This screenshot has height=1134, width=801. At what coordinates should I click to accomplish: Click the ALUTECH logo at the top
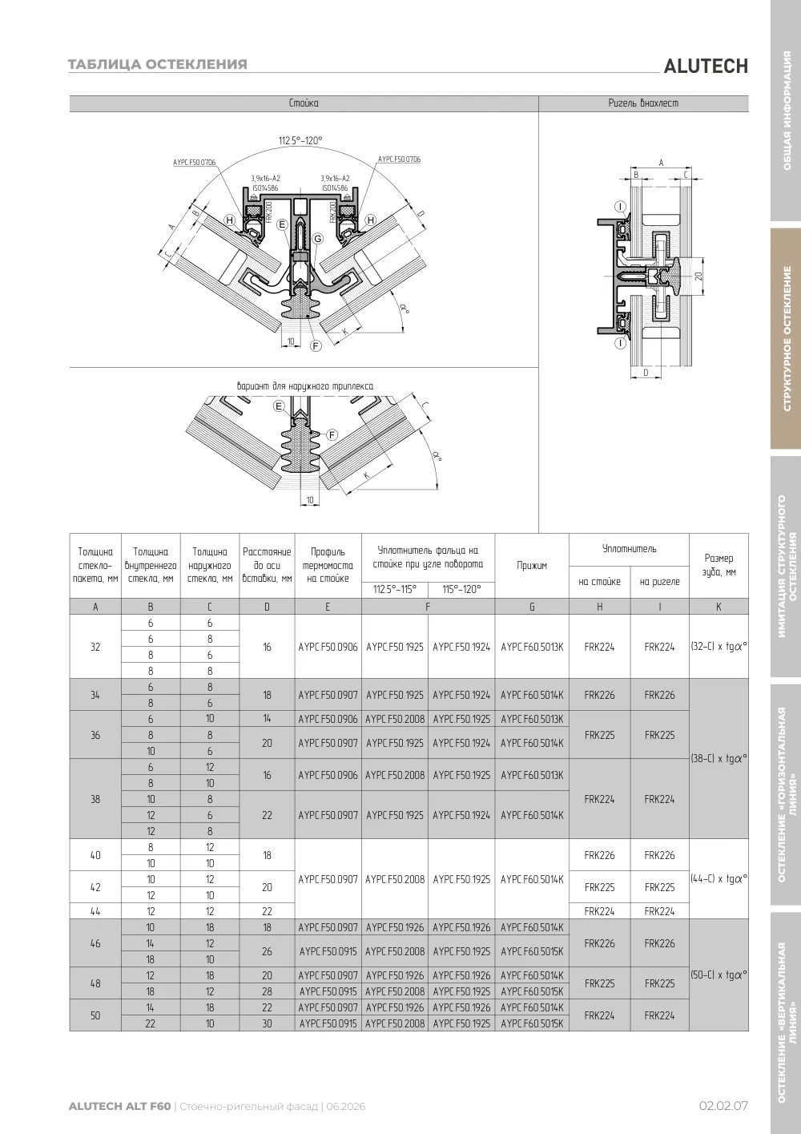[706, 67]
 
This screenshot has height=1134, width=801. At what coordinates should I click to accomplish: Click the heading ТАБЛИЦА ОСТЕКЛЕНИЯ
[157, 64]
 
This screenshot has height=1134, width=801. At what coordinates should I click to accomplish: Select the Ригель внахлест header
[643, 103]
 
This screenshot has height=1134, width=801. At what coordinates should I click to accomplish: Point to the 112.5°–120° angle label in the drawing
[300, 140]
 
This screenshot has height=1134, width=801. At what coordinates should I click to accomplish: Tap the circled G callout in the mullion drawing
[318, 239]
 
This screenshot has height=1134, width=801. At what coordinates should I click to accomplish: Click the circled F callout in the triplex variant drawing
[332, 435]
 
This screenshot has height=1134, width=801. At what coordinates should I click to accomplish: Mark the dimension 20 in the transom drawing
[698, 276]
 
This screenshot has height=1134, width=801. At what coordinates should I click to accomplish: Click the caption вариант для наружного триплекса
[305, 386]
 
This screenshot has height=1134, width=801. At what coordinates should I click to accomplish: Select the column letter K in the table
[718, 607]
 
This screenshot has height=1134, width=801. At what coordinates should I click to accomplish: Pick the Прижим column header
[532, 566]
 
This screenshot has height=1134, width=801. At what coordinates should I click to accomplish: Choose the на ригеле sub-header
[660, 582]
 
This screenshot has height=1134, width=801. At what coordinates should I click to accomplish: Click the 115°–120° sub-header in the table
[461, 589]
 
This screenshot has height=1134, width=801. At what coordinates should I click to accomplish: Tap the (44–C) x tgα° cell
[718, 879]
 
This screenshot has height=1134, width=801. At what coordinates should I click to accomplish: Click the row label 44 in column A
[95, 911]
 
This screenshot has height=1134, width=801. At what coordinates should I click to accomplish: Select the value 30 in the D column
[268, 1023]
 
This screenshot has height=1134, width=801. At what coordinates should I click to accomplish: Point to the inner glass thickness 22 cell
[151, 1023]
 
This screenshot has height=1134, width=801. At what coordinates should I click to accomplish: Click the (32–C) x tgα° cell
[718, 647]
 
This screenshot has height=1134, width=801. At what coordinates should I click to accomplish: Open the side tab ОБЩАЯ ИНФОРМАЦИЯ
[787, 111]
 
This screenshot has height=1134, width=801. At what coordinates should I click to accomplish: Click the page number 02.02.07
[723, 1106]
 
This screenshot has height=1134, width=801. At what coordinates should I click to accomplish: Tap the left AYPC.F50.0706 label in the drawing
[195, 163]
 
